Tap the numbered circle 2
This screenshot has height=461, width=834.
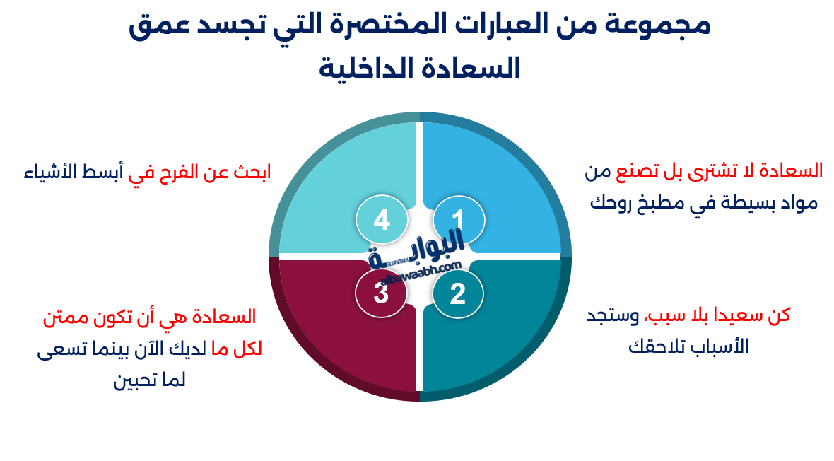click(458, 293)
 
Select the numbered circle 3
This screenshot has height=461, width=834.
click(381, 293)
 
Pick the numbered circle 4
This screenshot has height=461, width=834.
click(381, 220)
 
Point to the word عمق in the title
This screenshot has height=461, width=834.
click(158, 26)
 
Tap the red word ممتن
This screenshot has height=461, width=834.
click(67, 317)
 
